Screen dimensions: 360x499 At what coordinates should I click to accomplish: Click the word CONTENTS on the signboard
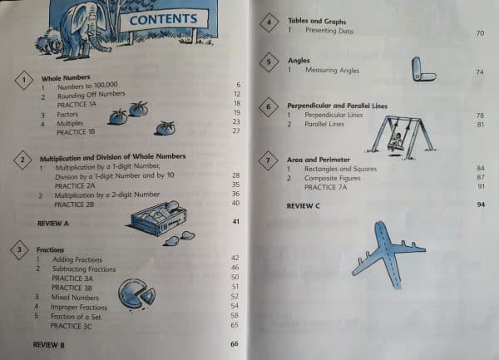click(x=163, y=18)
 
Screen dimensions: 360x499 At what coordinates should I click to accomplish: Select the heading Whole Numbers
click(x=62, y=76)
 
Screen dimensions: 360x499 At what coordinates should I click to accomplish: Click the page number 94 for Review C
click(x=481, y=205)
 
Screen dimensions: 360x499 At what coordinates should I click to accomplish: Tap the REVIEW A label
click(x=54, y=224)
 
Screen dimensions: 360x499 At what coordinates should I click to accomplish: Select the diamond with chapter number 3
click(x=18, y=249)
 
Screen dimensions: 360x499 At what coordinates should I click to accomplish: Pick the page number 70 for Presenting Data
click(x=480, y=32)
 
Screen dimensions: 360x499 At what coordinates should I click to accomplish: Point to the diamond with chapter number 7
click(x=267, y=160)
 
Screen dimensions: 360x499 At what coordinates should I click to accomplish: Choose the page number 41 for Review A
click(x=236, y=222)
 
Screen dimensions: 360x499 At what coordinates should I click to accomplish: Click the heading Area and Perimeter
click(x=319, y=158)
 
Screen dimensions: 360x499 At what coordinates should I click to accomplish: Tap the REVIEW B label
click(x=48, y=343)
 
